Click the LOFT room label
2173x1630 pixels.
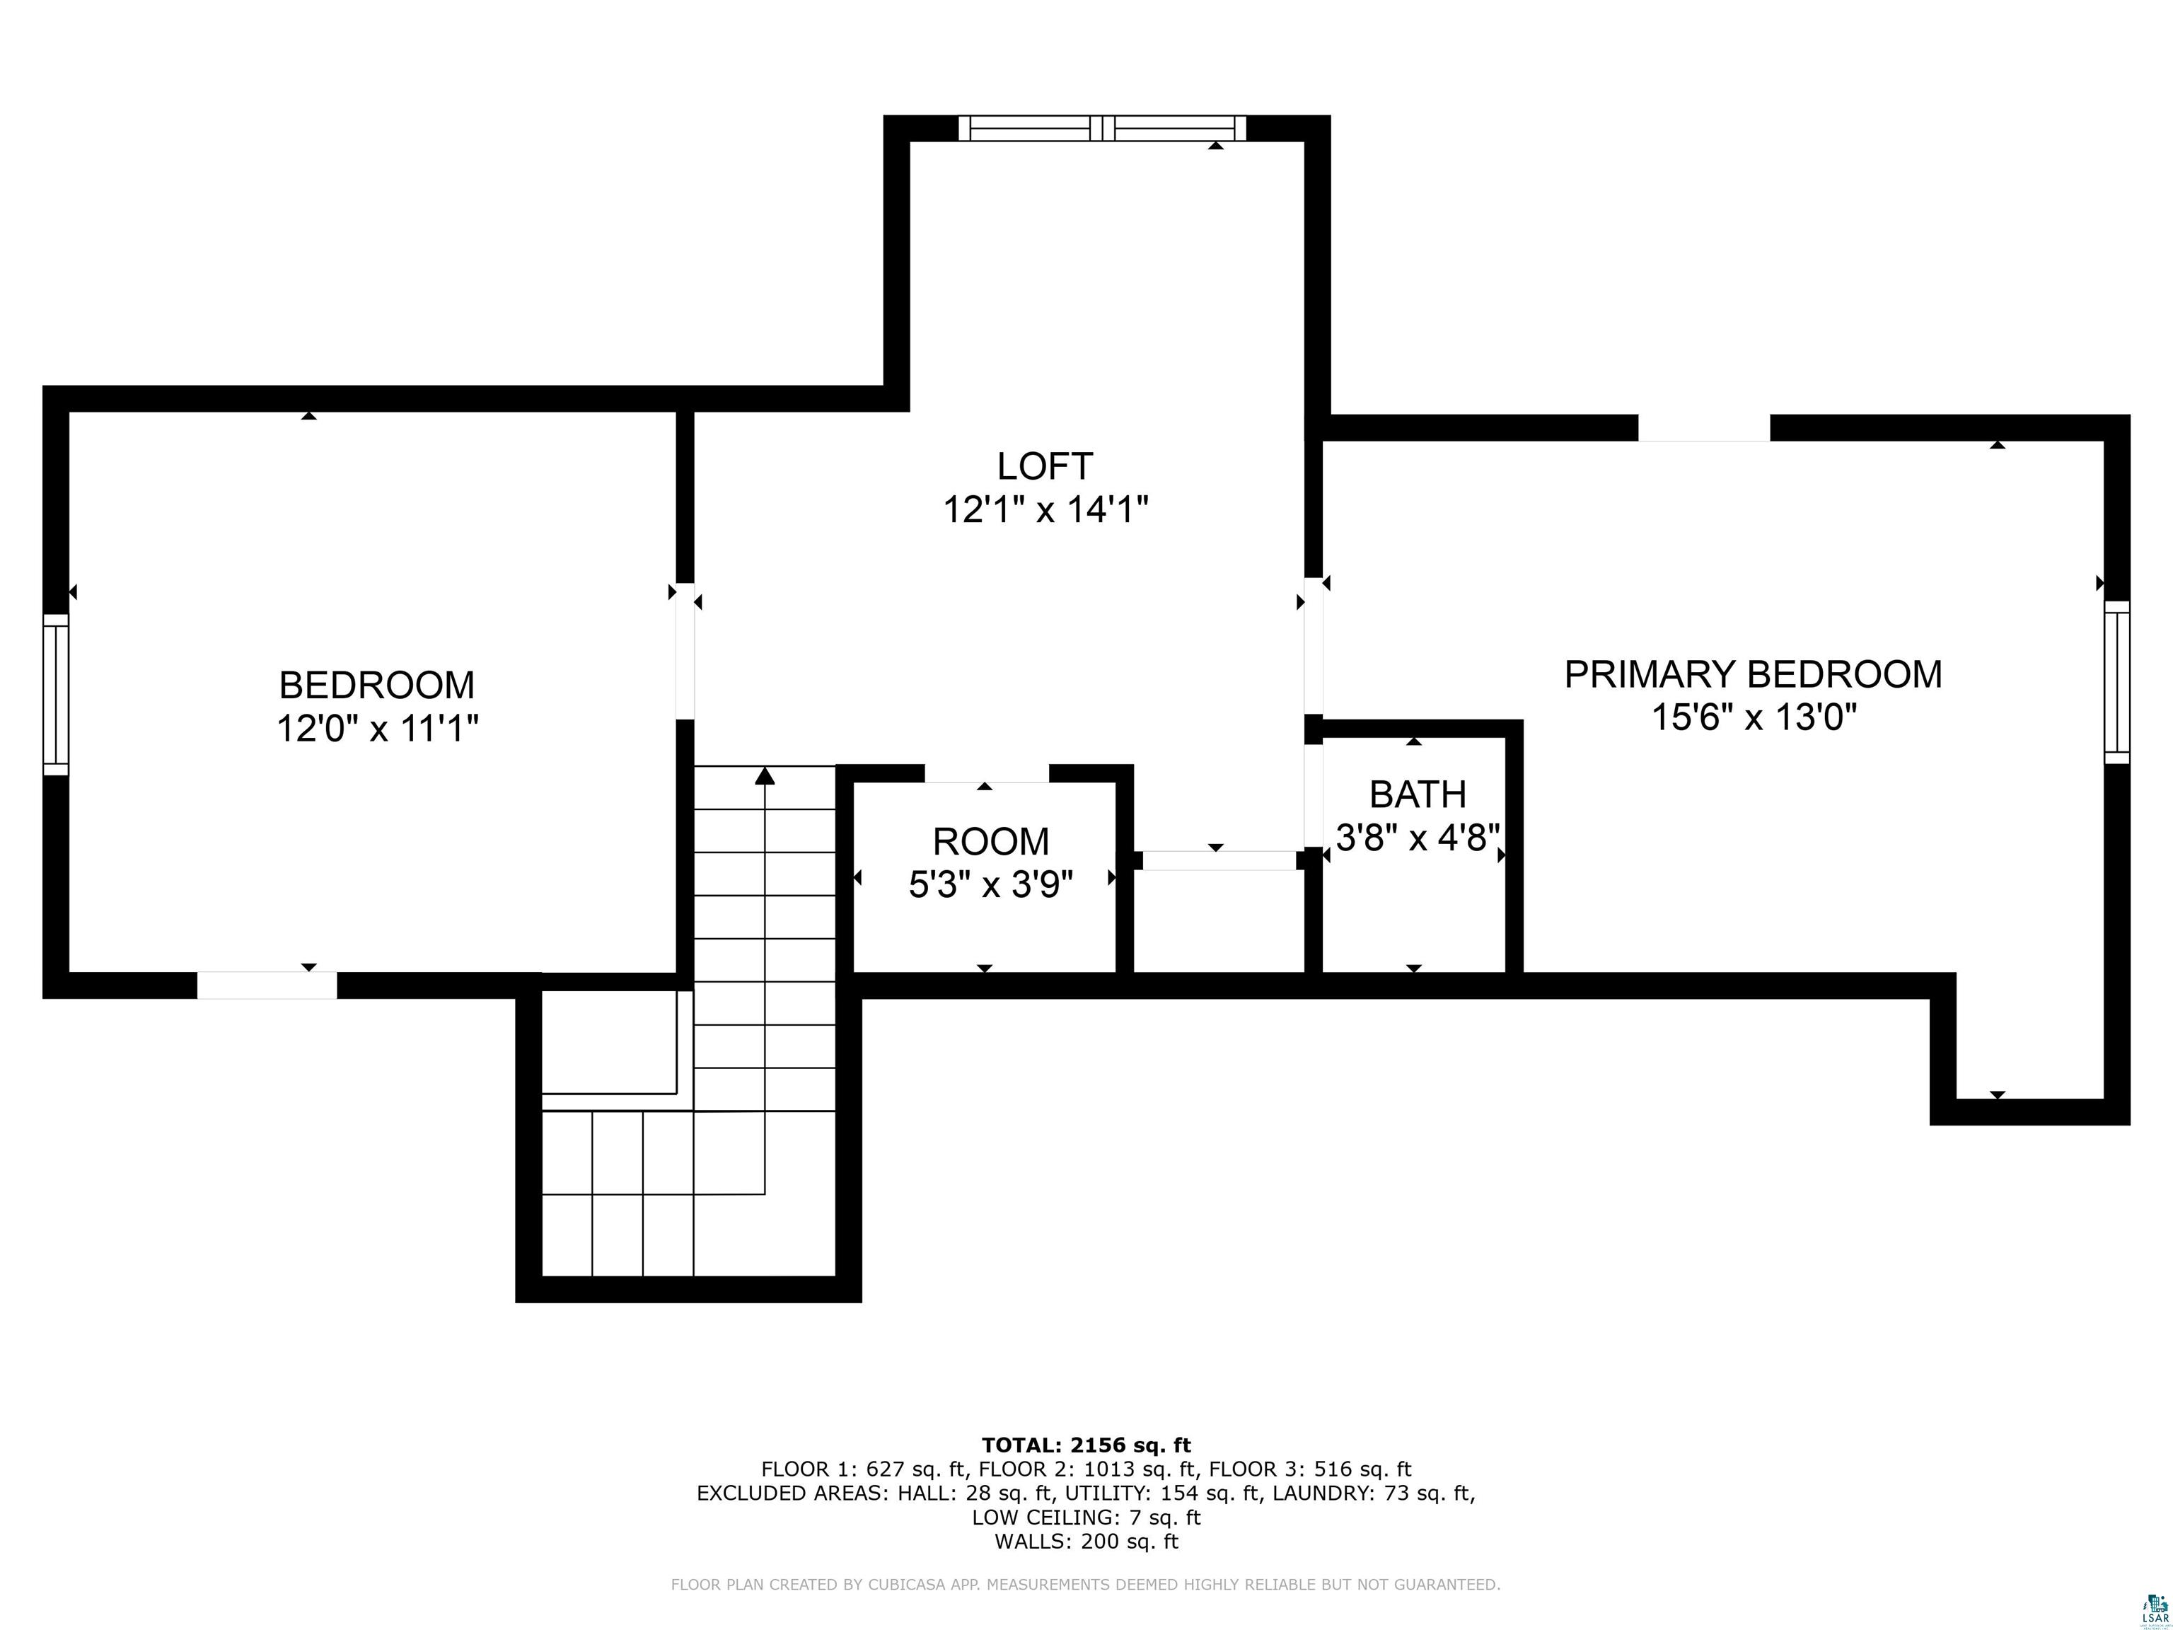pos(1044,466)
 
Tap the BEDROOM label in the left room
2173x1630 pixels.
pos(376,685)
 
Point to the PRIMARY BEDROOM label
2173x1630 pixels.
pos(1753,675)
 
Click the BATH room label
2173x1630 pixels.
pos(1418,794)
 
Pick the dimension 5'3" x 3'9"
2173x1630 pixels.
pos(990,885)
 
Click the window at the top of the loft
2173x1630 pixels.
pos(1102,129)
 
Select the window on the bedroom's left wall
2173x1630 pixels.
pos(56,695)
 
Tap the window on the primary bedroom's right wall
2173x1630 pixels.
pos(2116,682)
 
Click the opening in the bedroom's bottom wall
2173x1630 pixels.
pos(267,985)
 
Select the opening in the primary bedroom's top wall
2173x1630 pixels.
pos(1703,429)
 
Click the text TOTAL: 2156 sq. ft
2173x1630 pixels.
pos(1086,1445)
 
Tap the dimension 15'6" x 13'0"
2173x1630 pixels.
pos(1753,718)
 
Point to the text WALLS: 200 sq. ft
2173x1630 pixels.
pos(1086,1542)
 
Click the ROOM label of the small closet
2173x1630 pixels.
pos(990,842)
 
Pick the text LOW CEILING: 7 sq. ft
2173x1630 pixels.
pos(1086,1517)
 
